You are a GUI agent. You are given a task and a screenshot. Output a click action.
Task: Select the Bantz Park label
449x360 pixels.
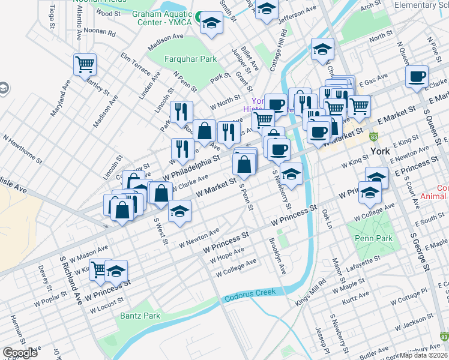pyautogui.click(x=140, y=316)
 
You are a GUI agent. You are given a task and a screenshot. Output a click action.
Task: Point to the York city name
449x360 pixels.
pyautogui.click(x=381, y=151)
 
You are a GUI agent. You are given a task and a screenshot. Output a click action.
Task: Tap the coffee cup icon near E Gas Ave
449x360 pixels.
pyautogui.click(x=416, y=77)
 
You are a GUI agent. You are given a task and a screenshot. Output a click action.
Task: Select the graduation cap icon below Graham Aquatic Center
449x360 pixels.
pyautogui.click(x=211, y=24)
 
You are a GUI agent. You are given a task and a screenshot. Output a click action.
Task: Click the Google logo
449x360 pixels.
pyautogui.click(x=20, y=352)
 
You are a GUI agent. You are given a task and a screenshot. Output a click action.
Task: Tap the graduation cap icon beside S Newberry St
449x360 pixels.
pyautogui.click(x=291, y=175)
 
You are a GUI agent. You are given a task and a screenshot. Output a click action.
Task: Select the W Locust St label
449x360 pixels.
pyautogui.click(x=106, y=305)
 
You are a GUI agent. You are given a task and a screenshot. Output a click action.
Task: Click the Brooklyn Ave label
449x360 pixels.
pyautogui.click(x=277, y=256)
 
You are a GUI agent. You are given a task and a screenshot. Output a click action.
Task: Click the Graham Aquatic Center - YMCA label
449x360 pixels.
pyautogui.click(x=161, y=17)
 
